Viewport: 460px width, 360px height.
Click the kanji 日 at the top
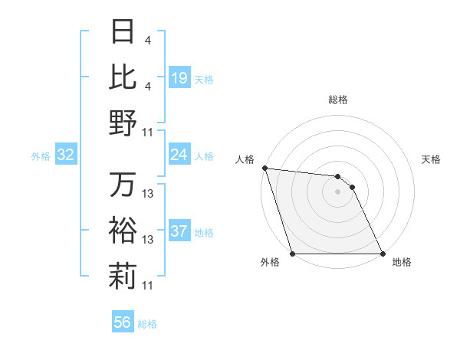123,32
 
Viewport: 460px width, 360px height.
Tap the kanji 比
123,77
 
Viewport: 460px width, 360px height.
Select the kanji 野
123,123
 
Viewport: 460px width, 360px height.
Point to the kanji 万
123,185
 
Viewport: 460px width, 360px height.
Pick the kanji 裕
123,230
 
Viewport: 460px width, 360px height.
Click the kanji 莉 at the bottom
123,277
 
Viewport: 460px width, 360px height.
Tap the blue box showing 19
179,78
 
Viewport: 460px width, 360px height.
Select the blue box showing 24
179,155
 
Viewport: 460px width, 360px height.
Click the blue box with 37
179,231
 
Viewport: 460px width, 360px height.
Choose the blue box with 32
66,155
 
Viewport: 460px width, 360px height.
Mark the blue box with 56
123,322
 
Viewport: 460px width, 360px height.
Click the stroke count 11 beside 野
148,133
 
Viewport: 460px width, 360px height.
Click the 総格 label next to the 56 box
147,324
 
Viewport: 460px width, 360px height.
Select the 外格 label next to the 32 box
41,156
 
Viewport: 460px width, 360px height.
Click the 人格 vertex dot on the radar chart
264,168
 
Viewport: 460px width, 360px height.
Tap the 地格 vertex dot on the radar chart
382,254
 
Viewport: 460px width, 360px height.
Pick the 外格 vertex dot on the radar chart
293,254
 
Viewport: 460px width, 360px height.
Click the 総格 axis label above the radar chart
337,100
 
